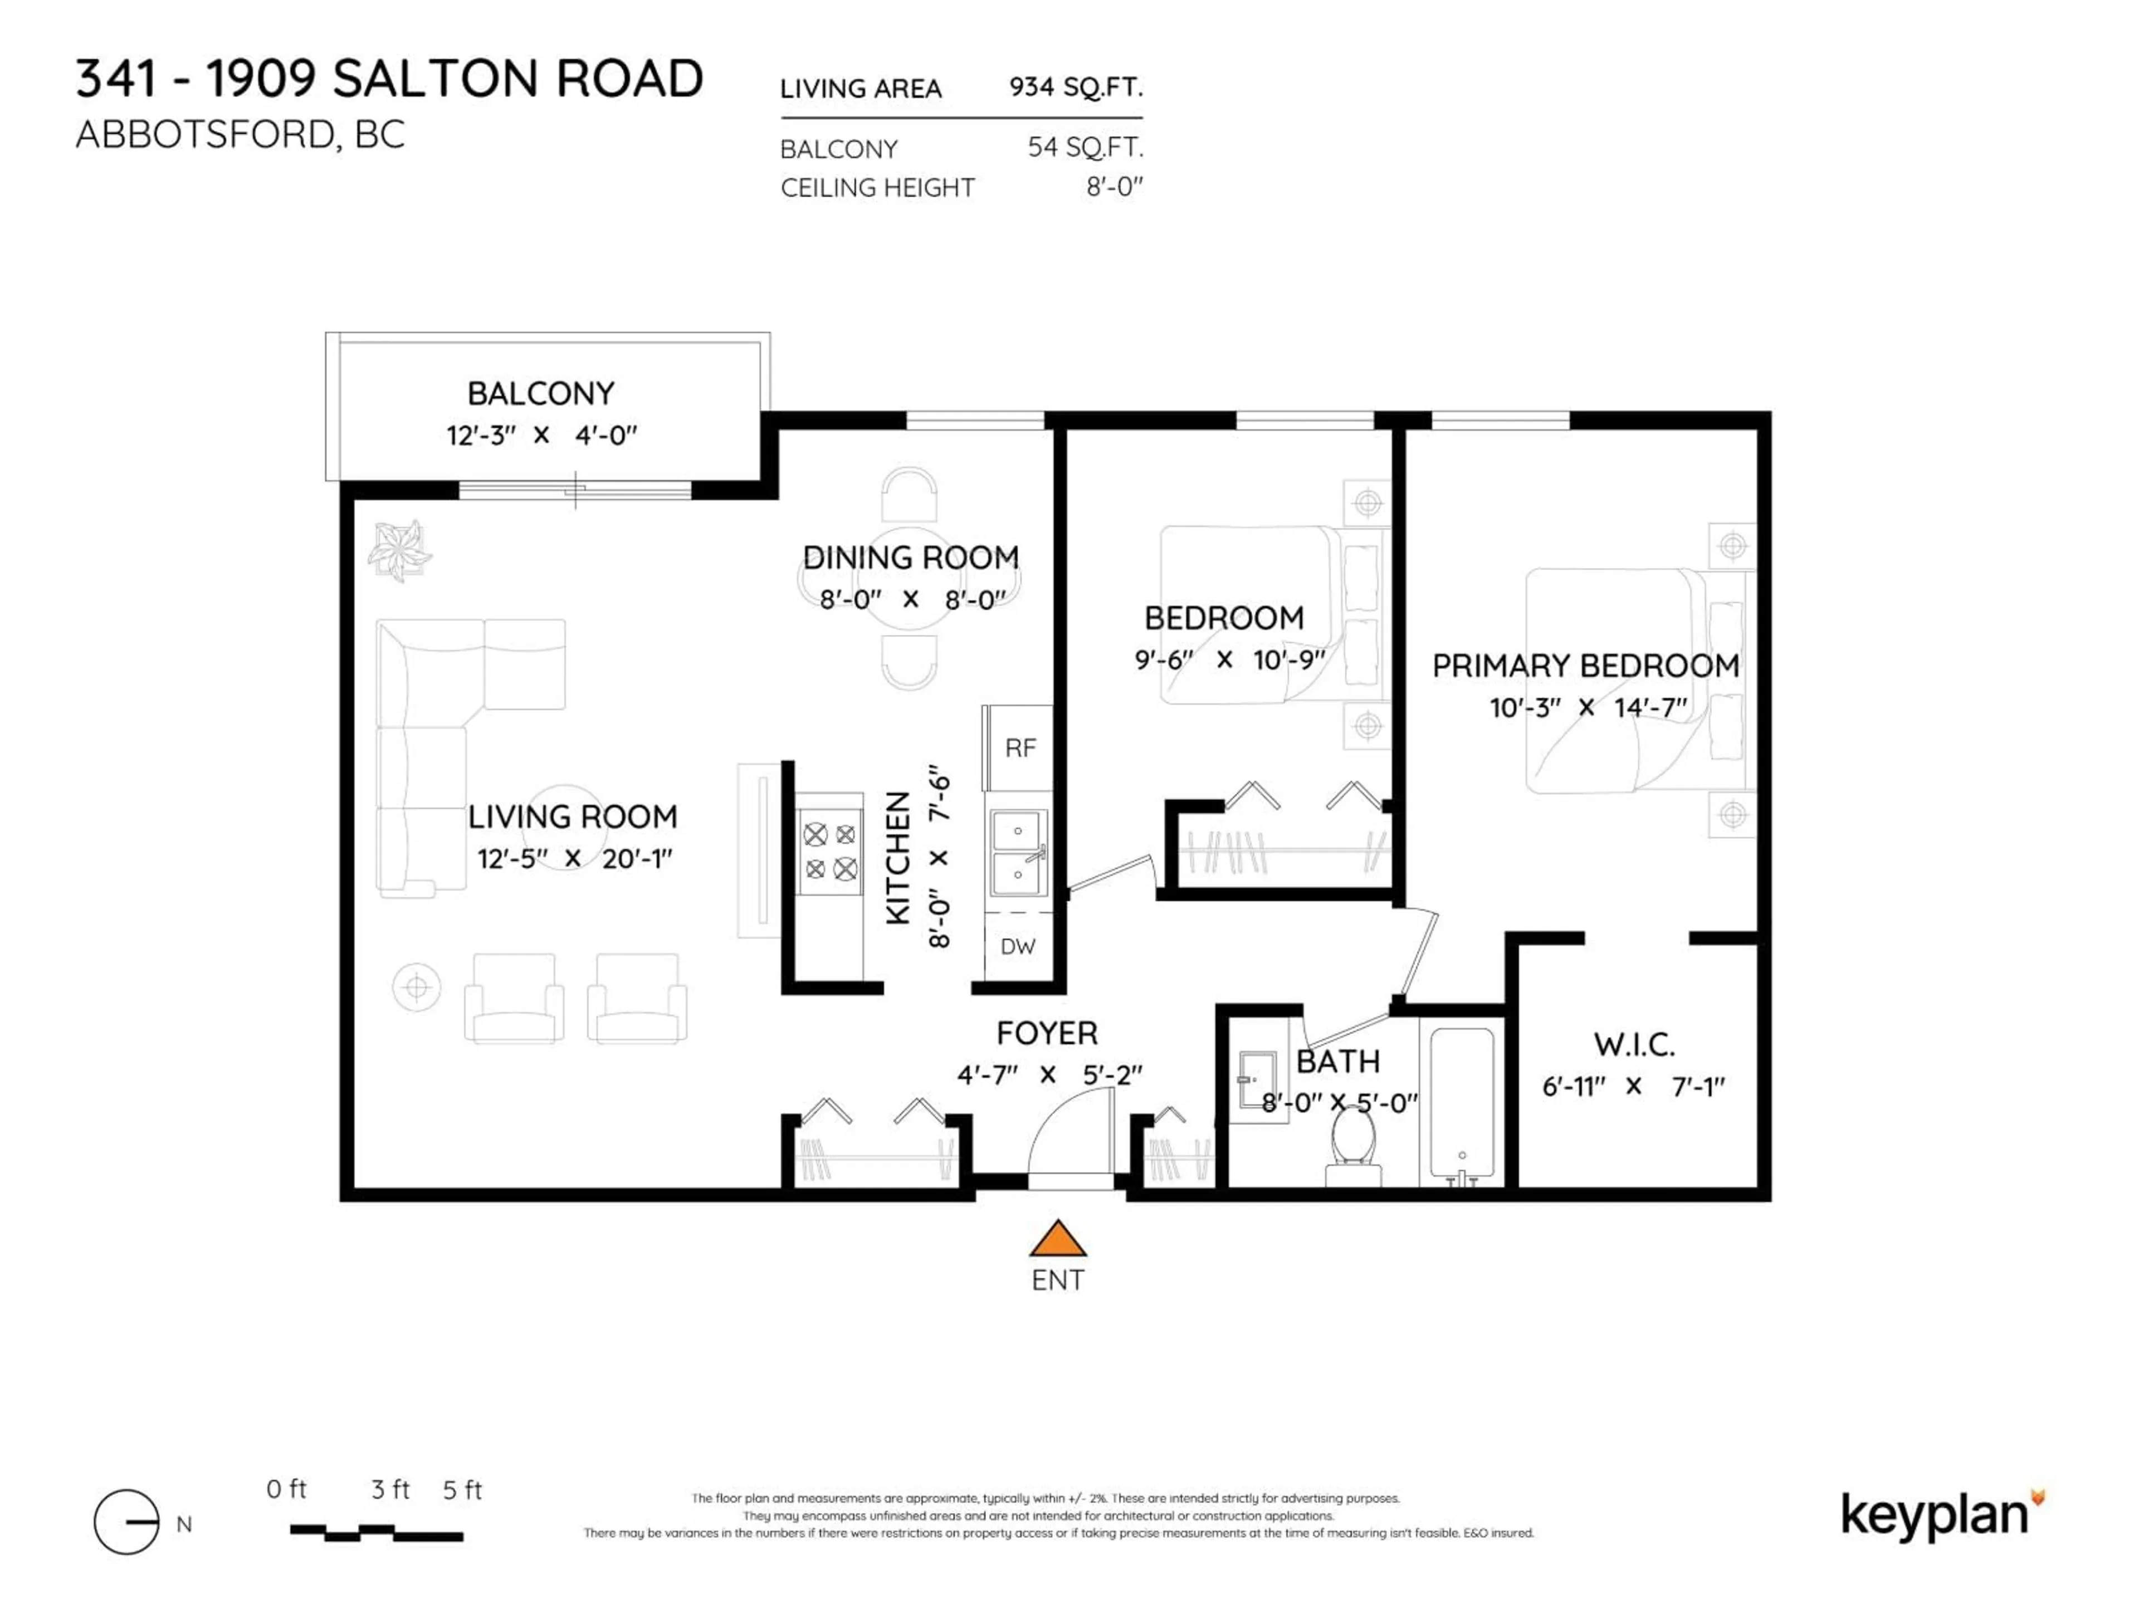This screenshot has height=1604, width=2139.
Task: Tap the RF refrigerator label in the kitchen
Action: [1020, 747]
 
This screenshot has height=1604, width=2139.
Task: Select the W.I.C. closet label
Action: [1633, 1044]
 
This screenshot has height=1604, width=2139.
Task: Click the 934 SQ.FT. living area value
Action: [1075, 87]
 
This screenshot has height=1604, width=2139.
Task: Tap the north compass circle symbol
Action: [126, 1522]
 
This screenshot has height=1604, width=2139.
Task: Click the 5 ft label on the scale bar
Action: [462, 1490]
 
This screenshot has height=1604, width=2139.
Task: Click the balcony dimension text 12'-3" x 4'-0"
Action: [541, 435]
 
